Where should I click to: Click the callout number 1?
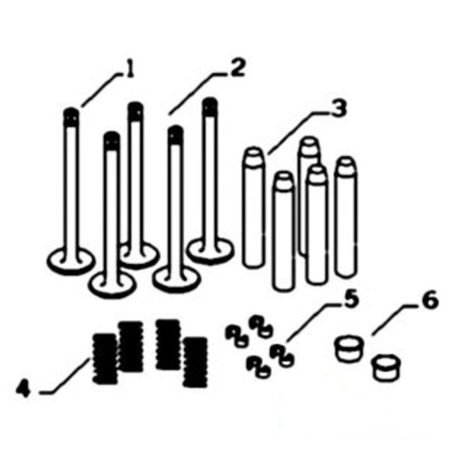(129, 71)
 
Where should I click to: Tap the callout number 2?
(237, 68)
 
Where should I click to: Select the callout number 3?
(338, 108)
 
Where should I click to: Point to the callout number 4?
(24, 388)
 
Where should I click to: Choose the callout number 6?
(430, 300)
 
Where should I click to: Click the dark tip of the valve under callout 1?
(72, 117)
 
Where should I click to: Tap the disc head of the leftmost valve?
(71, 261)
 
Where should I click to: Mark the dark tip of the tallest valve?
(210, 106)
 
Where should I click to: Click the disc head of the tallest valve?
(210, 250)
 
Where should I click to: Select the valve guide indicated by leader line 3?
(253, 207)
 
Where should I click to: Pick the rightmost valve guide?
(346, 217)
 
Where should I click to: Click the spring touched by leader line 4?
(105, 359)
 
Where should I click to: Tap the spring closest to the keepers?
(196, 361)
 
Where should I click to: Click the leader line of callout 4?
(65, 376)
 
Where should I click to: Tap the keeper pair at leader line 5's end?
(281, 355)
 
